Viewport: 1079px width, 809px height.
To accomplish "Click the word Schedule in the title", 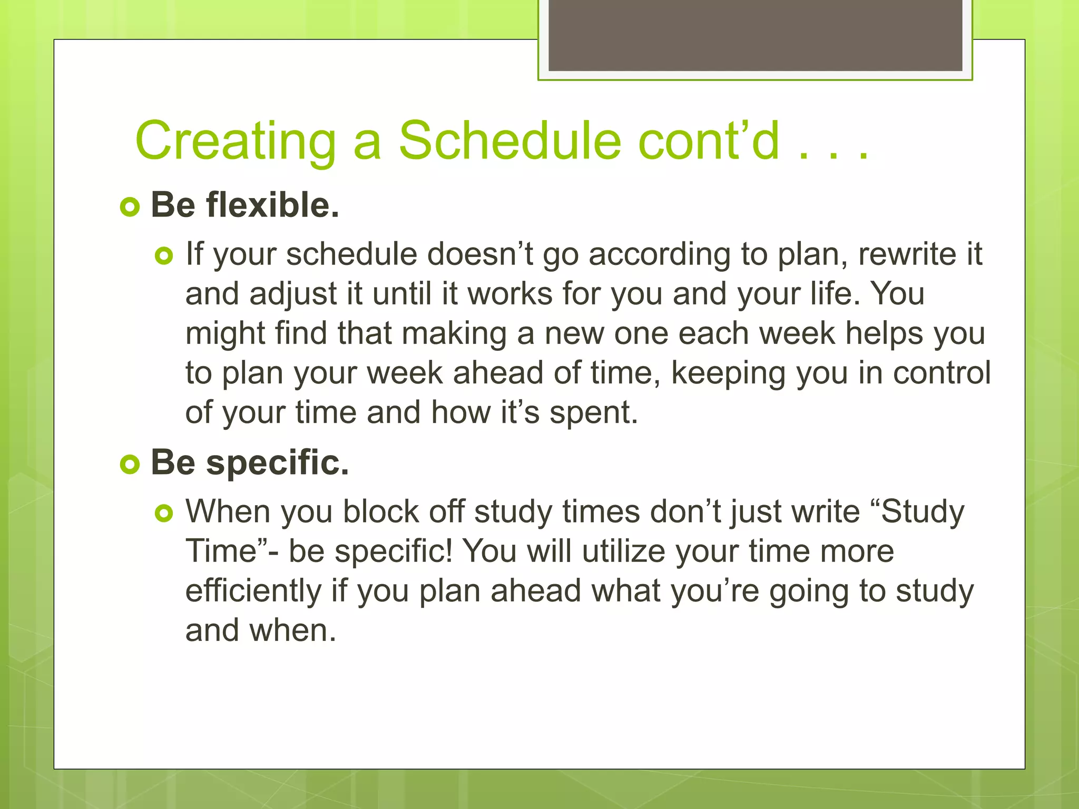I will tap(509, 141).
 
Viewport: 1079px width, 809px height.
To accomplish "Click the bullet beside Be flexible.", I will tap(130, 207).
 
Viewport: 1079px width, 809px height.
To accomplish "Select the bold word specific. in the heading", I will tap(277, 463).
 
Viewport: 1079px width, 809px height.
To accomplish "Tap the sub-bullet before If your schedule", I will tap(164, 256).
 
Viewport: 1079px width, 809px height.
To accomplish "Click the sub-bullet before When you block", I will tap(164, 514).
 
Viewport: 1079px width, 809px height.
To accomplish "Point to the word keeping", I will tap(728, 373).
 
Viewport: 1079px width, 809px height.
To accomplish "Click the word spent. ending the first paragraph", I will tap(594, 412).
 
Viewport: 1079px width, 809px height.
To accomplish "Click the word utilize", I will tap(624, 551).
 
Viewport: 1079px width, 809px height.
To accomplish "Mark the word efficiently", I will tap(253, 591).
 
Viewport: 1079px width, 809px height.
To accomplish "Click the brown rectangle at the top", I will tap(755, 35).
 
